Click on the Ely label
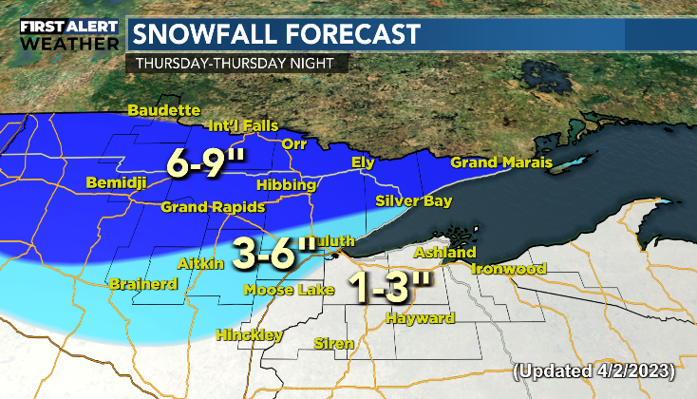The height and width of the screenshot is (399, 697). click(x=364, y=161)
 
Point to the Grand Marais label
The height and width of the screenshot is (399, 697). click(x=500, y=162)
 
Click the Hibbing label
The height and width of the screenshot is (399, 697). click(x=285, y=185)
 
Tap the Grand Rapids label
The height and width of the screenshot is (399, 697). click(x=203, y=207)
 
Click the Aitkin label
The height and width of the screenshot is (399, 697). click(x=198, y=261)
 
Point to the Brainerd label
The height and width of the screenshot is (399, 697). click(x=140, y=284)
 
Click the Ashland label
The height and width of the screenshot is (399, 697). click(x=444, y=253)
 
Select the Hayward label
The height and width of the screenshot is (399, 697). click(x=420, y=318)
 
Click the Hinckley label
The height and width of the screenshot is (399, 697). click(x=249, y=335)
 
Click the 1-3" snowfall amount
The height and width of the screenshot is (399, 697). click(x=391, y=286)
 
